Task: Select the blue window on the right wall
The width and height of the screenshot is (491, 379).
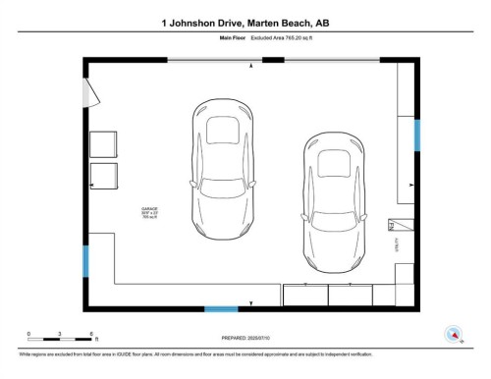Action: click(x=416, y=135)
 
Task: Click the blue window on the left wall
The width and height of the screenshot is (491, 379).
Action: click(x=85, y=260)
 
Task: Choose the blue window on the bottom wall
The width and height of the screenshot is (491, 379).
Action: click(x=221, y=309)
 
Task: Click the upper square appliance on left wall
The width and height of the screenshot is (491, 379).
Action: click(x=103, y=145)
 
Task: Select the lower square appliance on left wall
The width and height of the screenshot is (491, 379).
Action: click(x=103, y=176)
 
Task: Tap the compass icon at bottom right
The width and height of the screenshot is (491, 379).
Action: click(x=454, y=334)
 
